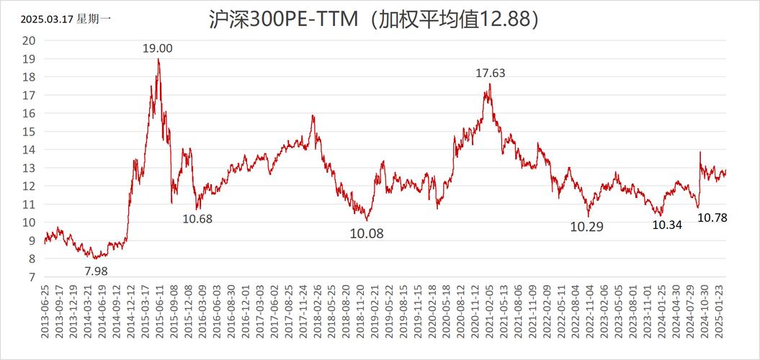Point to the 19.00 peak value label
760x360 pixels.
click(x=157, y=48)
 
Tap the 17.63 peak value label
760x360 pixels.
click(x=490, y=72)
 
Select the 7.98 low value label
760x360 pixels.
click(x=98, y=271)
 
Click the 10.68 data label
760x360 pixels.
click(x=197, y=218)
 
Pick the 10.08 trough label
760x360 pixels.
click(x=367, y=233)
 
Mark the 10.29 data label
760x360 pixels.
click(x=587, y=226)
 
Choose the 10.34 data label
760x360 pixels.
click(x=667, y=225)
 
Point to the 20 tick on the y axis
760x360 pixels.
click(x=29, y=40)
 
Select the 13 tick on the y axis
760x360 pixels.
click(x=29, y=168)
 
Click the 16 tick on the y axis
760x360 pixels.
click(x=29, y=113)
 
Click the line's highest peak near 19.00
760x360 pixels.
click(x=158, y=60)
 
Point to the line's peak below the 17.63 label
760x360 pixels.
click(x=490, y=84)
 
